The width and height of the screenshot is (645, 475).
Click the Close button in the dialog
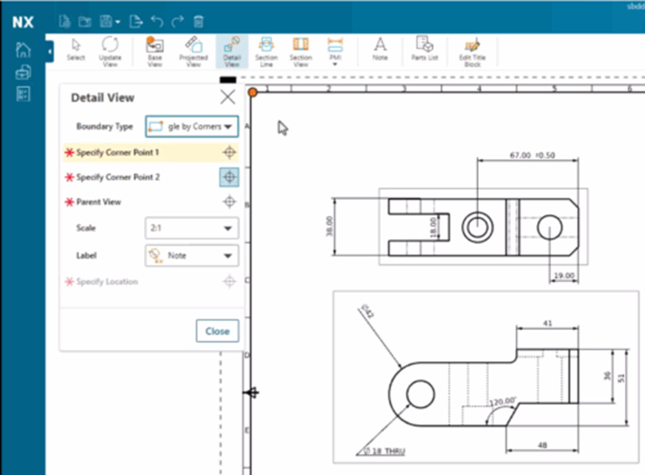[x=217, y=331]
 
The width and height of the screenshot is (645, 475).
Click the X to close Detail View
[x=227, y=97]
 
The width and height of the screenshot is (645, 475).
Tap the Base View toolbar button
[x=155, y=51]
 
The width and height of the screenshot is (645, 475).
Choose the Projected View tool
[x=193, y=51]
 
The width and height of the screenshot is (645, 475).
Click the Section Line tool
[x=266, y=51]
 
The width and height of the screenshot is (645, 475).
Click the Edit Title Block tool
[x=472, y=51]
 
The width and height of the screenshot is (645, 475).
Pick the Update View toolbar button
[x=110, y=51]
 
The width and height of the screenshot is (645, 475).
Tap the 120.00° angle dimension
[x=502, y=400]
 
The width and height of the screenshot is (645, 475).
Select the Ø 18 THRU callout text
[x=385, y=451]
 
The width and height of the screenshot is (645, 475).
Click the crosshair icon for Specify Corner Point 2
[x=229, y=177]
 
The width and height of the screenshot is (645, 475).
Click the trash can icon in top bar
[x=198, y=22]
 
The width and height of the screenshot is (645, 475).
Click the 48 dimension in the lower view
[x=542, y=445]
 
